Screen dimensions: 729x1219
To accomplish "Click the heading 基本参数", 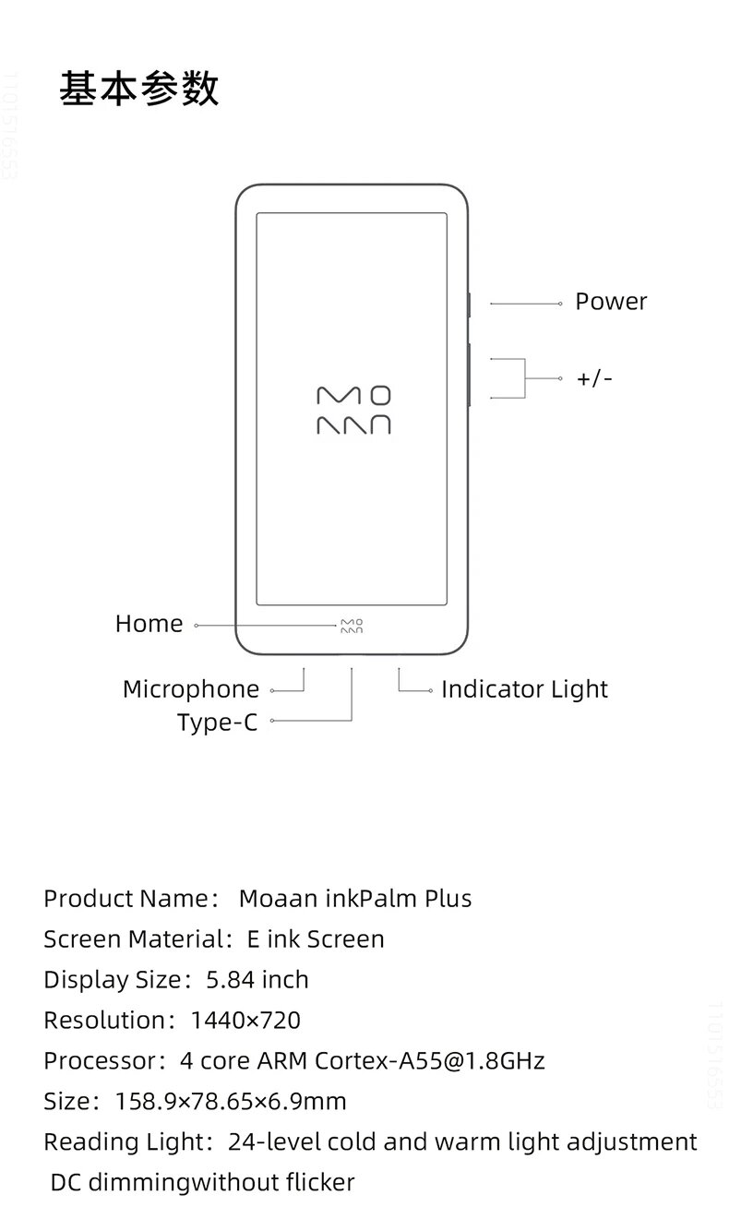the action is tap(138, 90).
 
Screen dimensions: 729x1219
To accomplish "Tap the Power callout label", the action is tap(611, 302).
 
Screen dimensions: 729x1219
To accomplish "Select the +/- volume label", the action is tap(594, 378).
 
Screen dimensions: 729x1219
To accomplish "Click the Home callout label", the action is tap(149, 624).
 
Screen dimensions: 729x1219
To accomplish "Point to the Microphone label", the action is tap(191, 689).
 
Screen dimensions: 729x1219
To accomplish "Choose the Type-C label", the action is tap(217, 723).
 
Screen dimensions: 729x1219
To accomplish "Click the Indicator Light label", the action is tap(524, 689).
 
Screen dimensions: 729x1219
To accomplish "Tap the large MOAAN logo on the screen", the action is tap(353, 411).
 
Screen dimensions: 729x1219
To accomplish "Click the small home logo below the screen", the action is tap(352, 625).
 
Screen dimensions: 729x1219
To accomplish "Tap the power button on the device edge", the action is tap(470, 304).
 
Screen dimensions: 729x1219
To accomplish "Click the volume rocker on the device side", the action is tap(470, 373).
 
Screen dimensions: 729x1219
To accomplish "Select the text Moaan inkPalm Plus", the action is tap(355, 899).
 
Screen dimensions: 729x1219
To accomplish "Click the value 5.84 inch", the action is tap(257, 980).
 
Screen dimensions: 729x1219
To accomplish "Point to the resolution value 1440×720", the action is tap(245, 1021).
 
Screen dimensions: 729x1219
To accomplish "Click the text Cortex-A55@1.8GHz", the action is tap(430, 1061).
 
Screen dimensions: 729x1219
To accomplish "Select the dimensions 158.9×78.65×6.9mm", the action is tap(231, 1102).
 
